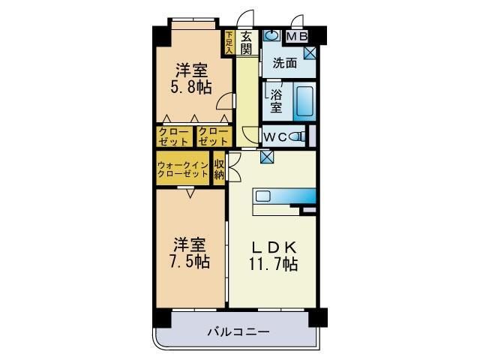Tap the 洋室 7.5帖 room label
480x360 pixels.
tap(190, 253)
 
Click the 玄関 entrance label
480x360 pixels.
tap(247, 43)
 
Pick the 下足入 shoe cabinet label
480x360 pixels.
tap(229, 41)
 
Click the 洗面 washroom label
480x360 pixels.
tap(284, 63)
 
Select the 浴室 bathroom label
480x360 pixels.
tap(274, 100)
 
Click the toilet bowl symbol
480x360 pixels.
tap(298, 136)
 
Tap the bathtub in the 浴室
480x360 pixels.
tap(304, 103)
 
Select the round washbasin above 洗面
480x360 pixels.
tap(271, 35)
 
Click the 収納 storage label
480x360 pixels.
tap(219, 169)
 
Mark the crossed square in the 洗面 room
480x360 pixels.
tap(310, 53)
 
